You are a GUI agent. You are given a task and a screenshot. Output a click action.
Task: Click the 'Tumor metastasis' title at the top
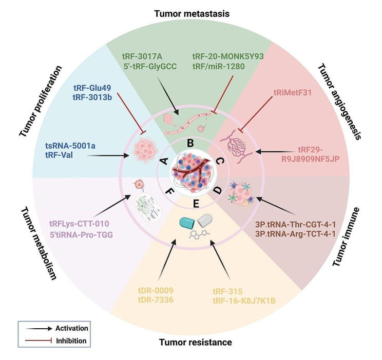(x=192, y=14)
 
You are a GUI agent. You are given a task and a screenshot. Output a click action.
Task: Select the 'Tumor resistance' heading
(x=196, y=342)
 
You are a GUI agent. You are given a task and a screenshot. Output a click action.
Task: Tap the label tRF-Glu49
(x=92, y=87)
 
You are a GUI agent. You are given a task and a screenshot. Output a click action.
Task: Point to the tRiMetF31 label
(x=292, y=92)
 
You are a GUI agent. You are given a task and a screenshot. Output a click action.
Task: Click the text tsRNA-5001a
(x=70, y=146)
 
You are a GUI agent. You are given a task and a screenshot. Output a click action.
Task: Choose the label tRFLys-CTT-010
(x=79, y=224)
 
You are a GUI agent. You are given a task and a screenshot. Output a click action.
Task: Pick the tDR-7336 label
(x=156, y=299)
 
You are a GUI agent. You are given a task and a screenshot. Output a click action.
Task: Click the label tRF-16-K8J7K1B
(x=244, y=301)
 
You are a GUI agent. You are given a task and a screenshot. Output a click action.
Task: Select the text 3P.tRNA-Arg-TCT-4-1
(x=295, y=234)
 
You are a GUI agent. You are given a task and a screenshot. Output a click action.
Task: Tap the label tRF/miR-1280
(x=219, y=66)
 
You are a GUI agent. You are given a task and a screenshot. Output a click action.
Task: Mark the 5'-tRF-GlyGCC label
(x=150, y=66)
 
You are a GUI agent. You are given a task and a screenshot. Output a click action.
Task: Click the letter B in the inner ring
(x=190, y=143)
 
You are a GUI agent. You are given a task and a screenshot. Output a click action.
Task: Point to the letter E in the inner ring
(x=196, y=204)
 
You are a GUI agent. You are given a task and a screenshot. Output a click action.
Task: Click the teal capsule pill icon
(x=186, y=222)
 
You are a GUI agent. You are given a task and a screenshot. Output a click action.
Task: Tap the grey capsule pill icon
(x=205, y=221)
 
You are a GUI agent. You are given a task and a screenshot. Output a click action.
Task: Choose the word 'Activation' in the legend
(x=72, y=328)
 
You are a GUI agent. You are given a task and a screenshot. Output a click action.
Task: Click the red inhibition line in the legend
(x=39, y=341)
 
